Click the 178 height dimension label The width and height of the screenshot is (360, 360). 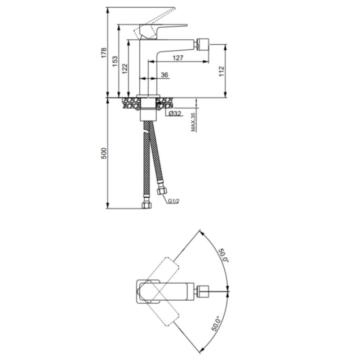click(104, 53)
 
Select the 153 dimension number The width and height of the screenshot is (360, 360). click(115, 61)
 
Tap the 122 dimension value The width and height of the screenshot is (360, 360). click(125, 69)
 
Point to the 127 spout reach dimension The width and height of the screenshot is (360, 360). click(178, 58)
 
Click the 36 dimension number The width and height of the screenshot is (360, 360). click(165, 75)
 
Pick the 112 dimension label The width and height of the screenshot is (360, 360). click(221, 71)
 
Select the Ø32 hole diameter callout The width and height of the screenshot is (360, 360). click(175, 113)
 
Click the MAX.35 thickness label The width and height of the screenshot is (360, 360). click(193, 122)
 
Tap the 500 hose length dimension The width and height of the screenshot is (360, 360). click(104, 153)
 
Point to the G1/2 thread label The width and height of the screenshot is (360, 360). click(174, 201)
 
